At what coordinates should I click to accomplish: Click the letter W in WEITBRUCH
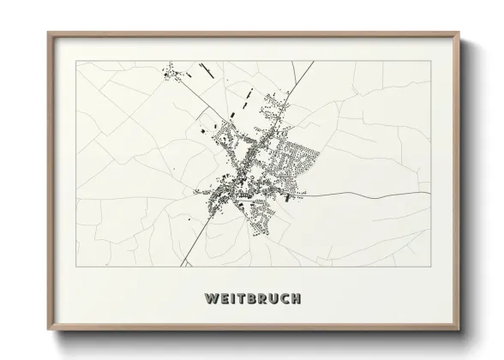[x=211, y=298]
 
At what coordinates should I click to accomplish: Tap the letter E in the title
[x=224, y=298]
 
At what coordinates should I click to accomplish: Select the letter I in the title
[x=233, y=298]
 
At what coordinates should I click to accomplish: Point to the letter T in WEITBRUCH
[x=242, y=298]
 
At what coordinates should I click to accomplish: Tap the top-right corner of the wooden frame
[x=461, y=33]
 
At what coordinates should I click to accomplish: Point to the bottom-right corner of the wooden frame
[x=461, y=330]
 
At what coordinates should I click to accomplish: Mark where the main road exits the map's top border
[x=313, y=62]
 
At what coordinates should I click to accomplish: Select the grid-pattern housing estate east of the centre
[x=296, y=163]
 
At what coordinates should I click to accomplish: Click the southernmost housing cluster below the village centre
[x=261, y=219]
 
